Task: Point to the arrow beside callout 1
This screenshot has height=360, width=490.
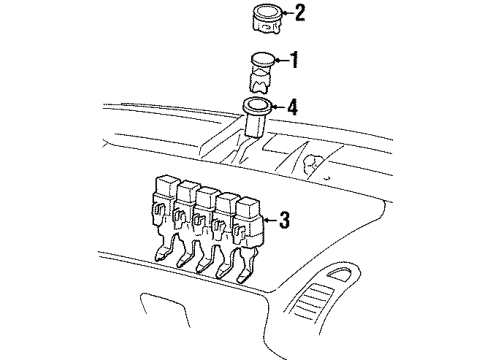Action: (x=279, y=60)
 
